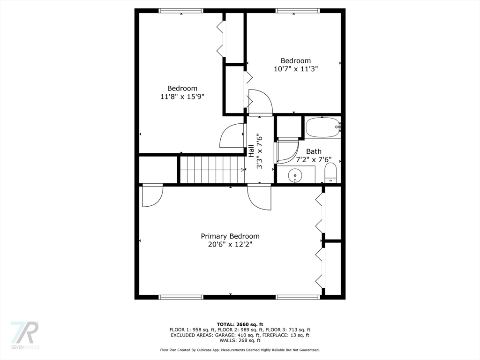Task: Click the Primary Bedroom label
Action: pos(230,236)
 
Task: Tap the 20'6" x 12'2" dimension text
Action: pos(230,245)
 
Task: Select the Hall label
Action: pos(251,151)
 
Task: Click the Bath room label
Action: pos(314,151)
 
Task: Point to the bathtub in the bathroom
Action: pos(322,127)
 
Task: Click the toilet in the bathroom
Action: pos(330,173)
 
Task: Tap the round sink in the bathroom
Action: pos(295,175)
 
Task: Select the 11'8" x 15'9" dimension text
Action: pos(182,97)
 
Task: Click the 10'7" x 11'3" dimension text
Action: pos(296,69)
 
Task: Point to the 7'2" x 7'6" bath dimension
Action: pos(314,159)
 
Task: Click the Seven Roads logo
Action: pos(24,335)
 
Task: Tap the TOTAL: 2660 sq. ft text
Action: pos(240,324)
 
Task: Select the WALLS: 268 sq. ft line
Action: pos(240,340)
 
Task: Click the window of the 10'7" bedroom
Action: pos(298,11)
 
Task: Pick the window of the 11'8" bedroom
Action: pos(181,11)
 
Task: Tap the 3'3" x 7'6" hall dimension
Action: pos(260,151)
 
